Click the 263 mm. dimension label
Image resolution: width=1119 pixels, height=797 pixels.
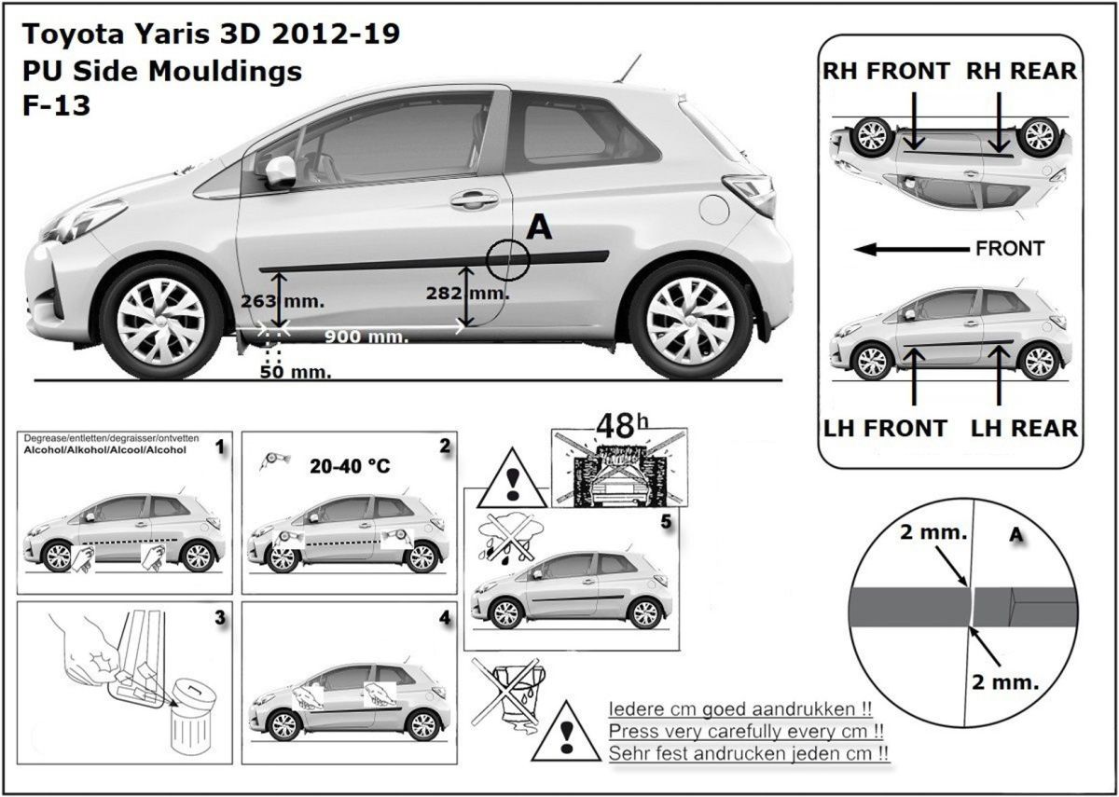point(283,301)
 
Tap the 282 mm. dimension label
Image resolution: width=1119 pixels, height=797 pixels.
point(468,293)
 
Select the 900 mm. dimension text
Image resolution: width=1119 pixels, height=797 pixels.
point(366,337)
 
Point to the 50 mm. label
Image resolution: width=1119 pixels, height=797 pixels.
point(296,372)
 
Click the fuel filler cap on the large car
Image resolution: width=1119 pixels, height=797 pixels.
point(714,209)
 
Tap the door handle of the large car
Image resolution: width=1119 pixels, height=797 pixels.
point(474,199)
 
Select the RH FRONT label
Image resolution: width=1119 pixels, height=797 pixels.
point(886,71)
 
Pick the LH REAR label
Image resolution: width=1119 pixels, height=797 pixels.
point(1024,429)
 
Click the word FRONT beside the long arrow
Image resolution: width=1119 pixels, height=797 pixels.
point(1010,248)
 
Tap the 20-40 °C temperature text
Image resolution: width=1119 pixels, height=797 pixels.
point(350,466)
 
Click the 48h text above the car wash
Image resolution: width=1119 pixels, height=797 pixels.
point(623,425)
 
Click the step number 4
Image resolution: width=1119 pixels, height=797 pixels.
point(444,618)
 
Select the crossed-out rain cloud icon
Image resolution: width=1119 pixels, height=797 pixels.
point(510,541)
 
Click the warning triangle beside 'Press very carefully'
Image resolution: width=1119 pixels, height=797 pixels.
point(566,731)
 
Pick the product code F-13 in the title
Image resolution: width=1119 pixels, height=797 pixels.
point(57,105)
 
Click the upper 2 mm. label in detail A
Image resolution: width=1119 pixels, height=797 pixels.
point(933,532)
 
